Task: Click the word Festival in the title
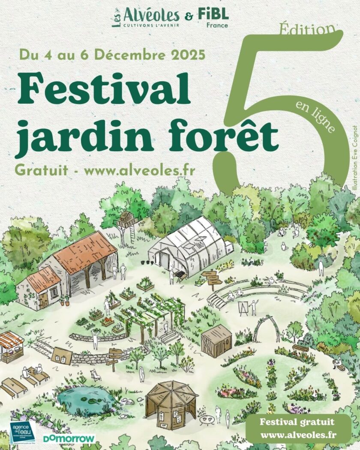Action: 104,88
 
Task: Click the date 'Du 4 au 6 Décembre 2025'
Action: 112,55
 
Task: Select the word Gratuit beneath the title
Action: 42,170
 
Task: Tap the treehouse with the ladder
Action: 128,221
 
